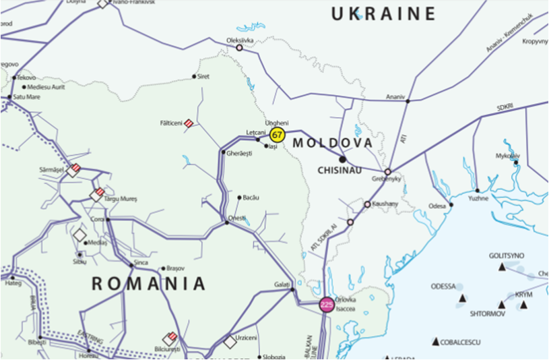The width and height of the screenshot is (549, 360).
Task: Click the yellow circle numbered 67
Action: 278,135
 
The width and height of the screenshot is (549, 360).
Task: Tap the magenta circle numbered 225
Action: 327,305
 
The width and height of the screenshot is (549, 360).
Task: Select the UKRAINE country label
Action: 383,13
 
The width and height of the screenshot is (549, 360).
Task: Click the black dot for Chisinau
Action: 342,159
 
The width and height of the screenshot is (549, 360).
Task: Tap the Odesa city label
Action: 438,205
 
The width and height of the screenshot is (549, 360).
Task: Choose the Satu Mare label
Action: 27,97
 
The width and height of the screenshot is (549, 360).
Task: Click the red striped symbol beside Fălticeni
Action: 189,123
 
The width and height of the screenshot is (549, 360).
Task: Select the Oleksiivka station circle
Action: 238,48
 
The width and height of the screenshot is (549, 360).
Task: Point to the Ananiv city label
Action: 395,97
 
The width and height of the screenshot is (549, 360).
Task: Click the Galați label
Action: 282,284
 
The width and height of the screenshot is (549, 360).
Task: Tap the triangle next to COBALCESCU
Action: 436,342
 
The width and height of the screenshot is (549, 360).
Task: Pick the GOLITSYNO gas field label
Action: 507,256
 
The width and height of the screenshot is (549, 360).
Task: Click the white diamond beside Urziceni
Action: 230,342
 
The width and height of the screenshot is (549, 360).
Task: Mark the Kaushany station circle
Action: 367,204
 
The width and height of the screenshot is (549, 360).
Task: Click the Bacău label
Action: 250,198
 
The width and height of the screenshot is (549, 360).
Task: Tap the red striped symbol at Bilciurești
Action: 170,338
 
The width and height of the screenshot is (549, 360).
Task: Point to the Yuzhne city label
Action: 478,199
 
